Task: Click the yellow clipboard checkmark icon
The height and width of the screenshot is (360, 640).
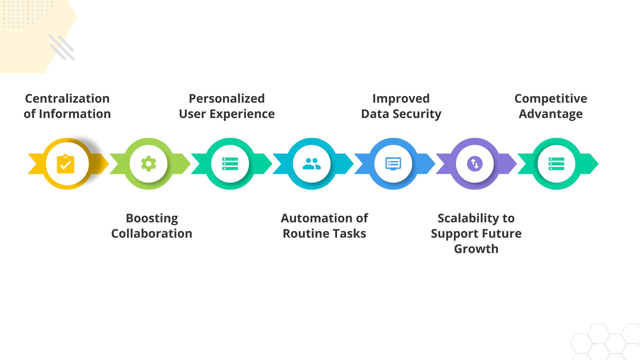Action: point(66,164)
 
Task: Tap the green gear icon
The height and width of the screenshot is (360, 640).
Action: point(149,164)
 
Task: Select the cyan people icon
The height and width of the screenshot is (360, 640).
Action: point(312,164)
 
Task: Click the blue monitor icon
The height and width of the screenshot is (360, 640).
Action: point(393,164)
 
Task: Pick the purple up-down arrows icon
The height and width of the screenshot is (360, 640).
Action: point(475,164)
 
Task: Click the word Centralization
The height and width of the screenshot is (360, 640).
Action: point(67,99)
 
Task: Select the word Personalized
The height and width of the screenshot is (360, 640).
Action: point(227,99)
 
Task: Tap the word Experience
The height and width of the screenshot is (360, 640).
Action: point(242,114)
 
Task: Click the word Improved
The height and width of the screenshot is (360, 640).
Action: point(401,99)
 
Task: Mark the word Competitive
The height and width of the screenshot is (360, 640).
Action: point(551,99)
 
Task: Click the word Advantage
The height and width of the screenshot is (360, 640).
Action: point(551,114)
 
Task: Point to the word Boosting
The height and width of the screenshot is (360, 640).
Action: point(152,218)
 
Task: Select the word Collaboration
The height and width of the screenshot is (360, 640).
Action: point(152,234)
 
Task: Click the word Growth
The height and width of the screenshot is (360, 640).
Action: point(476,249)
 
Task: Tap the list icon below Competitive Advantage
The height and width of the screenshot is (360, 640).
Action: point(556,164)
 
